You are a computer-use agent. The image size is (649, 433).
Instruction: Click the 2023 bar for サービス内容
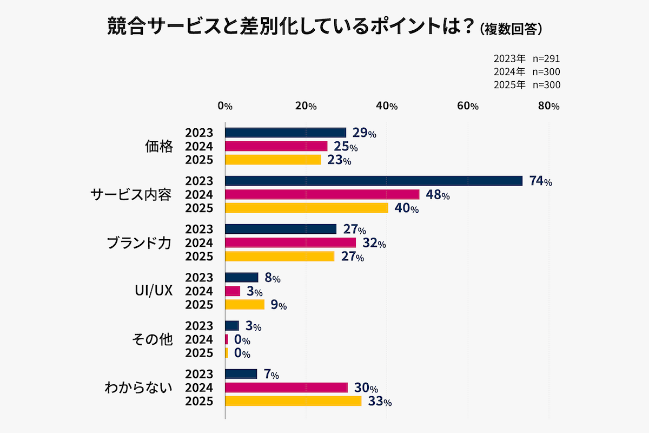[373, 181]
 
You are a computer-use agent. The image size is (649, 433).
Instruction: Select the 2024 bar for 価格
[276, 146]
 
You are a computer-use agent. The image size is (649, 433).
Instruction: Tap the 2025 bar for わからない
[293, 401]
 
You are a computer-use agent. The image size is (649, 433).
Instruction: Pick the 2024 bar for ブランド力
[290, 242]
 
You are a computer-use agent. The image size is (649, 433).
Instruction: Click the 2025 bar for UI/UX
[244, 305]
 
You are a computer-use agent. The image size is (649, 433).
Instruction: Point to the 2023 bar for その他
[231, 326]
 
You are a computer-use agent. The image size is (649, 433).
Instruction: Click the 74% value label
[540, 181]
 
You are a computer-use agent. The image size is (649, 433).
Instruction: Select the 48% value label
[438, 195]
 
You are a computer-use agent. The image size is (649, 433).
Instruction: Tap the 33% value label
[379, 402]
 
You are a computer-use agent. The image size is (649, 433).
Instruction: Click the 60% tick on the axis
[468, 106]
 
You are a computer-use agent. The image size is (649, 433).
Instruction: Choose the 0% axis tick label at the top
[224, 106]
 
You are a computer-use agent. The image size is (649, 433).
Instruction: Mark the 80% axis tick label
[548, 106]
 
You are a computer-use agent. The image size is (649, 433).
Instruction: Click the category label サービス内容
[131, 195]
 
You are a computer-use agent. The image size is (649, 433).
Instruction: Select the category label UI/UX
[153, 291]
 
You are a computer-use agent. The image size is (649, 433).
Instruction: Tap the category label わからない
[138, 388]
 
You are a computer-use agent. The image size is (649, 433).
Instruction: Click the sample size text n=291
[546, 58]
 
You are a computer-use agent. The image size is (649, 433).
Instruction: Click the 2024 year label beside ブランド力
[199, 243]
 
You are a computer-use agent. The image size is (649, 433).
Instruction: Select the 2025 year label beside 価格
[199, 160]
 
